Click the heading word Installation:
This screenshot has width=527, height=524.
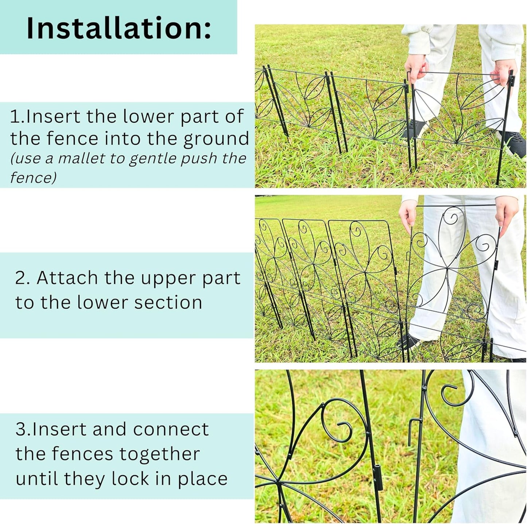point(119,28)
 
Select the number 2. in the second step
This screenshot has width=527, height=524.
point(23,278)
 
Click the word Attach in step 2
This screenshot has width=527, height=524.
point(67,278)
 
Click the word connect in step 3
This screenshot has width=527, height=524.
point(171,429)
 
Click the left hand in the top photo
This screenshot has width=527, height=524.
point(416,67)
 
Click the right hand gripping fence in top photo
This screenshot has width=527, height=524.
point(503,72)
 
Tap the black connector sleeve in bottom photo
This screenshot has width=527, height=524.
point(379,477)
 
